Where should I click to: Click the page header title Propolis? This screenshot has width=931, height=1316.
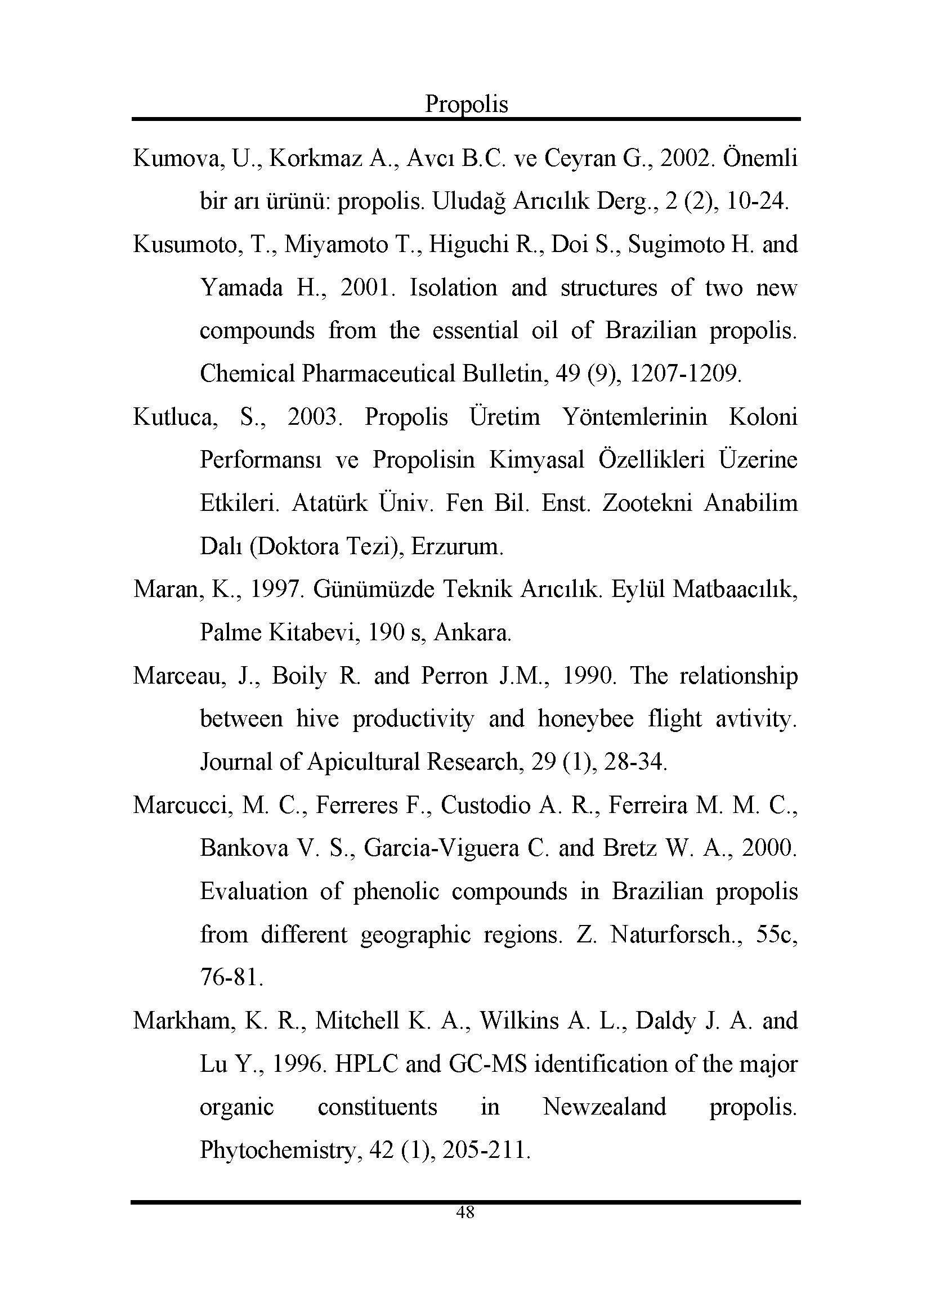466,104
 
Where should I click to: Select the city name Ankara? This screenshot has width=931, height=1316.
472,633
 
